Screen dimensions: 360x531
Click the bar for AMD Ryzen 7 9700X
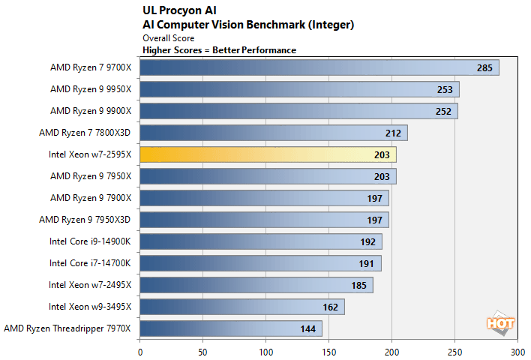click(319, 67)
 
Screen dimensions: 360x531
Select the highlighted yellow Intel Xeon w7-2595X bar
click(268, 154)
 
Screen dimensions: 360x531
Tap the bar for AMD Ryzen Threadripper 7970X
click(231, 328)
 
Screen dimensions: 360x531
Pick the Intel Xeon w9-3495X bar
click(242, 307)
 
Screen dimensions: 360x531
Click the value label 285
click(484, 68)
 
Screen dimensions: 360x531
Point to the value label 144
click(307, 329)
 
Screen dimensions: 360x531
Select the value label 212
click(393, 133)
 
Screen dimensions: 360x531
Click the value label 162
click(330, 307)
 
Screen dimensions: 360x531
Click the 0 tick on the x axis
click(140, 350)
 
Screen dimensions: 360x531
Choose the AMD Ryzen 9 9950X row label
click(91, 89)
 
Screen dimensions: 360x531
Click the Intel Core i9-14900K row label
click(90, 241)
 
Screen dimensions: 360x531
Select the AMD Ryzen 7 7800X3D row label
click(85, 133)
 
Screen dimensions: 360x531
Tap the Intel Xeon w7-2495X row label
click(90, 285)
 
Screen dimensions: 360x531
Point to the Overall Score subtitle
click(169, 37)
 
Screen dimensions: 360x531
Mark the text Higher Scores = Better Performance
click(219, 49)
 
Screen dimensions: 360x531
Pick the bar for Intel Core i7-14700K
click(260, 263)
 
